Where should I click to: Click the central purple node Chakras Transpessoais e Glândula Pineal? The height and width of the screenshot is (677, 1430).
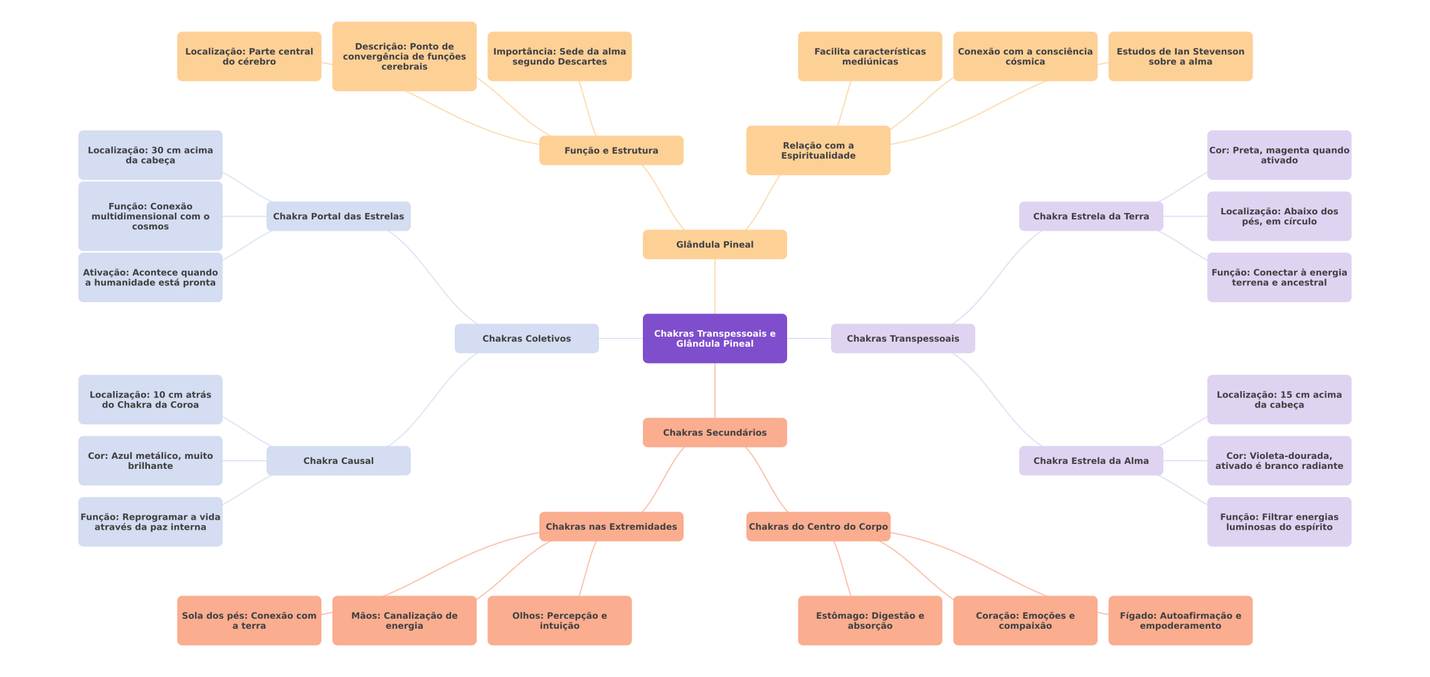click(x=714, y=338)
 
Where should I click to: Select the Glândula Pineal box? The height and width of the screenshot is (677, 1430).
click(x=714, y=244)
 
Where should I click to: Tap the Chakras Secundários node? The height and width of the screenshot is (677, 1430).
click(x=714, y=433)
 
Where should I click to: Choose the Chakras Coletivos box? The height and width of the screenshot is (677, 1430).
click(x=526, y=338)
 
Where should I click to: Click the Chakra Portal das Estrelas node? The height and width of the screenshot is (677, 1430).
click(x=338, y=216)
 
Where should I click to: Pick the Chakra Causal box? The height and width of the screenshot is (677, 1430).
click(x=338, y=461)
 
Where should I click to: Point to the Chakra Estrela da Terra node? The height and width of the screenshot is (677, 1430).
click(x=1091, y=216)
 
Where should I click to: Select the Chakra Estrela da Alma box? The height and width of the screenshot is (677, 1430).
click(x=1091, y=461)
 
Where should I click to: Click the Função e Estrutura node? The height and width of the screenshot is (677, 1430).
click(x=611, y=150)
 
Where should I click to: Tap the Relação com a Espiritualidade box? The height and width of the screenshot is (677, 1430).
click(x=818, y=150)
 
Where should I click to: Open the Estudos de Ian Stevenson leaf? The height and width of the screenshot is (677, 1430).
click(x=1180, y=56)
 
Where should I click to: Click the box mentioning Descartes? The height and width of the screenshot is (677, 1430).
click(x=559, y=56)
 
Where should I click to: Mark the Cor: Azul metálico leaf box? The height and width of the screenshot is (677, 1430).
click(x=150, y=461)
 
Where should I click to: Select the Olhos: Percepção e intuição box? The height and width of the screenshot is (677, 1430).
click(x=559, y=621)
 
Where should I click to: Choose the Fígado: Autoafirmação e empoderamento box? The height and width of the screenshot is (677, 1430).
click(x=1180, y=621)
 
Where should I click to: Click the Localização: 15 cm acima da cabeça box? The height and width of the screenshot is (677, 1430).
click(x=1279, y=400)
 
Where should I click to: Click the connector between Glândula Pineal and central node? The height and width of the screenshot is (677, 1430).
click(x=715, y=286)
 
